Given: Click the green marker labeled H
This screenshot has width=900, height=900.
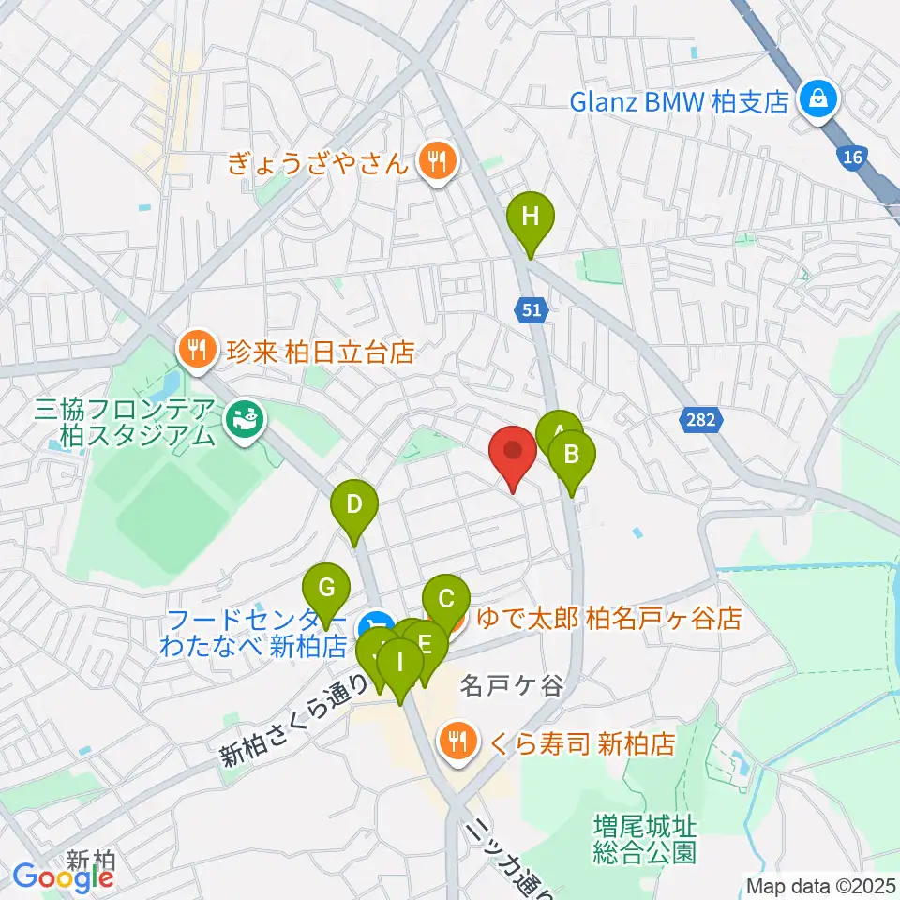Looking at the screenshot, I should (531, 217).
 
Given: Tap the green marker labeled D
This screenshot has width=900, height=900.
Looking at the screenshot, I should (354, 506).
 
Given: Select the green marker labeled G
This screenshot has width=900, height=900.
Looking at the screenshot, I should (326, 589).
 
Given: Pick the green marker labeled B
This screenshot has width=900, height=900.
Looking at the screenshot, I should (572, 457).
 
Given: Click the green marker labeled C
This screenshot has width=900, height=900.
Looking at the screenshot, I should (446, 598).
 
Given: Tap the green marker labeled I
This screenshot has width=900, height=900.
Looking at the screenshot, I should (400, 664).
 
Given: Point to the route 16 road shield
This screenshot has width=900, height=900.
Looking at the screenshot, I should (851, 158).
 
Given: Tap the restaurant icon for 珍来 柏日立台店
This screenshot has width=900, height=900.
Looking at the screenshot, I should (195, 352).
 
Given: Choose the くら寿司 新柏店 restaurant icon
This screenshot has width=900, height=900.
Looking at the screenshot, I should (457, 743).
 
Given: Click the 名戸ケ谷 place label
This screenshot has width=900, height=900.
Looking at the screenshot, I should (511, 687).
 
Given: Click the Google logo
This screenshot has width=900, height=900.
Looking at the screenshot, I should (64, 877).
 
